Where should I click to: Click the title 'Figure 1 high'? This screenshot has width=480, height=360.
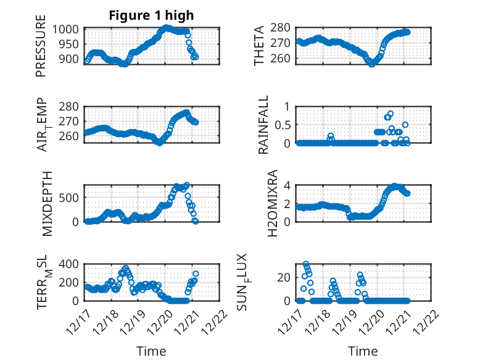151,16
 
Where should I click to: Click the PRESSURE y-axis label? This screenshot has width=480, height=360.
41,50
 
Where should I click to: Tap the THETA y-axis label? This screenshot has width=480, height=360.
260,45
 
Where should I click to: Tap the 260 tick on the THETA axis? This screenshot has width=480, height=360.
284,59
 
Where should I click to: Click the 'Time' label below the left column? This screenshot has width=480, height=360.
151,351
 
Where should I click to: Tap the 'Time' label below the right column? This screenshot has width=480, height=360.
363,351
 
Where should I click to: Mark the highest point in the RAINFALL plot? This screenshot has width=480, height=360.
391,114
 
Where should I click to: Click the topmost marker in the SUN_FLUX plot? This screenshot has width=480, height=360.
306,264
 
